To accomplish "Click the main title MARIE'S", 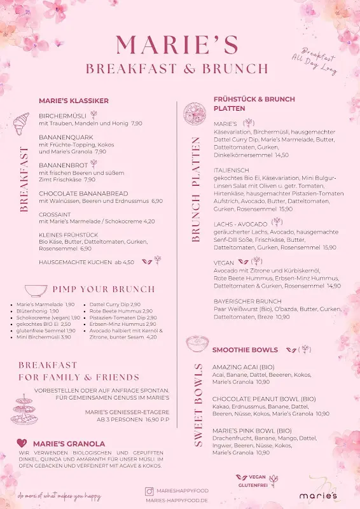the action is point(177,45).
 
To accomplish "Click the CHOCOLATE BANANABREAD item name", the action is point(83,193).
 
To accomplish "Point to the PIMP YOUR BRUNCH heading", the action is point(103,289).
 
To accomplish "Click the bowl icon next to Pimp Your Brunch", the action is point(35,289).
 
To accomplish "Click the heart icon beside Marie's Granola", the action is point(22,443).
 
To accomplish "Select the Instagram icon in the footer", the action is point(149,491).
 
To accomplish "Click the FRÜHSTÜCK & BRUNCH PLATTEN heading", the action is point(254,104).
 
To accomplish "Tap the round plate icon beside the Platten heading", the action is point(193,114).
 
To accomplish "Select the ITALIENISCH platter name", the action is point(232,171).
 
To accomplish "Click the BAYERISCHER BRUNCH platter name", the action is point(247,301).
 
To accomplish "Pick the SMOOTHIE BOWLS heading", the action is point(245,350).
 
